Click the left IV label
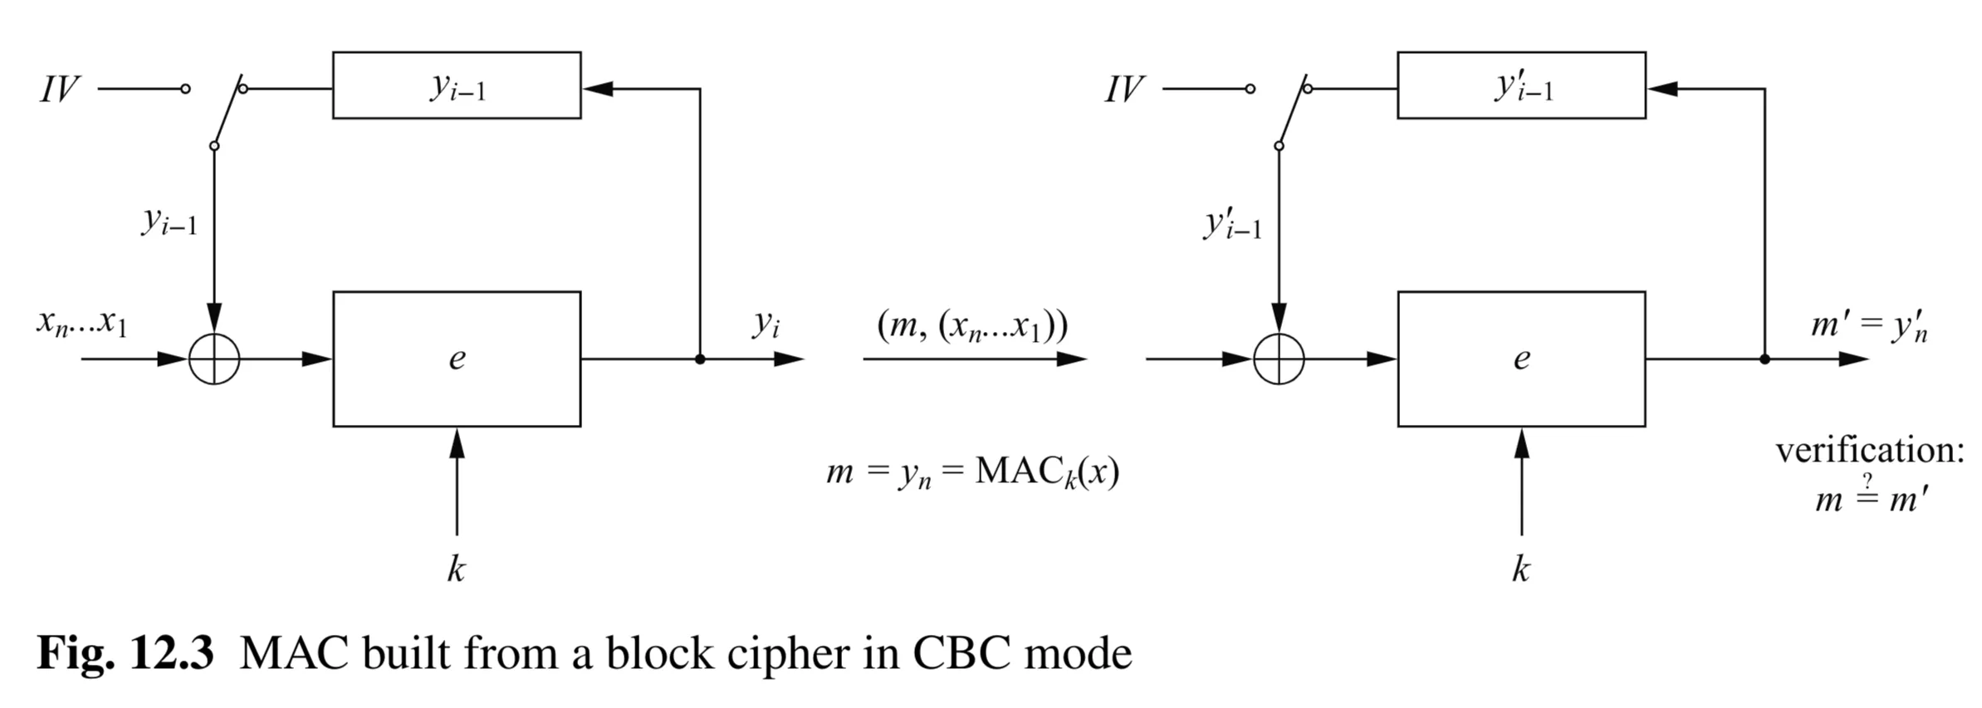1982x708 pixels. coord(60,89)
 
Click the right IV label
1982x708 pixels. coord(1124,89)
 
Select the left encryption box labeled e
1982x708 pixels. coord(457,359)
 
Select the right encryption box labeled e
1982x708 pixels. coord(1521,359)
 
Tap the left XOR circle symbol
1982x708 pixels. coord(214,359)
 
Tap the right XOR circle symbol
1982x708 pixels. coord(1279,359)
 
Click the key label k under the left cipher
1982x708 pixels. coord(456,569)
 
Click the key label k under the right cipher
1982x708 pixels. coord(1520,569)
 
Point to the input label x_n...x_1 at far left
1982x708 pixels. coord(81,322)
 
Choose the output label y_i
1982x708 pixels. coord(766,324)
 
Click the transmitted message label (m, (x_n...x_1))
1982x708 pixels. coord(972,325)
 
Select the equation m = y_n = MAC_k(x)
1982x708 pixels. coord(972,472)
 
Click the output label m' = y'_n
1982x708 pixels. coord(1868,325)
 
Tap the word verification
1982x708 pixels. coord(1870,451)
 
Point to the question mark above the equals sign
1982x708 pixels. coord(1867,481)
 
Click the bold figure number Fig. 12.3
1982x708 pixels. coord(125,654)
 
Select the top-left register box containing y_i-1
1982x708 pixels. coord(457,85)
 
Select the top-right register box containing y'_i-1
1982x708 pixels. coord(1521,85)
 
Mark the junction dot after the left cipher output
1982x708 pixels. coord(700,359)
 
